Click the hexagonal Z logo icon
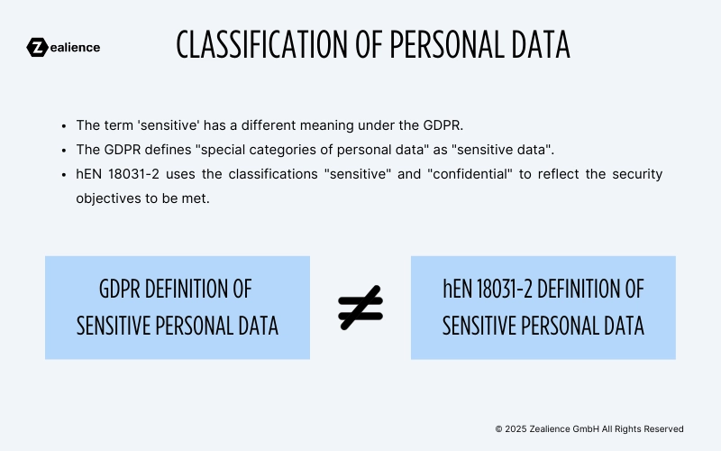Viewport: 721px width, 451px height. coord(37,47)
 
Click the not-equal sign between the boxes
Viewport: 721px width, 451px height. coord(360,308)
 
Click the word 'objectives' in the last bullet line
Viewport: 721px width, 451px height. coord(108,197)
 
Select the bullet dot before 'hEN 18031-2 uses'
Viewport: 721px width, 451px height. coord(64,174)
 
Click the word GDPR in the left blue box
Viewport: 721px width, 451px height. coord(122,290)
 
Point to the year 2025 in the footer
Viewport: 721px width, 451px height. coord(516,429)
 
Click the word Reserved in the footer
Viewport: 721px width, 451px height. coord(663,429)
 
